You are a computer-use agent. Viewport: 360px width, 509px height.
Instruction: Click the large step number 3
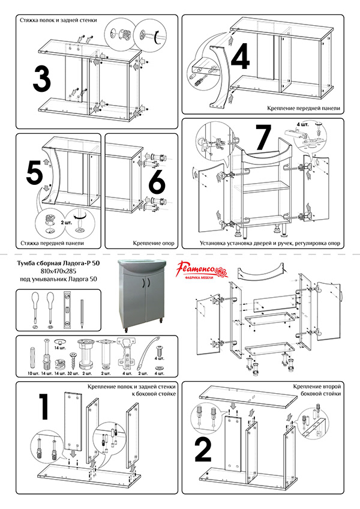pyautogui.click(x=42, y=79)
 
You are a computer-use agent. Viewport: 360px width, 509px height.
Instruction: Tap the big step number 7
pyautogui.click(x=263, y=137)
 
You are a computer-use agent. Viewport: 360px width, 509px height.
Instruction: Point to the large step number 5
pyautogui.click(x=34, y=173)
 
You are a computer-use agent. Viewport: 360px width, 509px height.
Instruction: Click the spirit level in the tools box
pyautogui.click(x=67, y=309)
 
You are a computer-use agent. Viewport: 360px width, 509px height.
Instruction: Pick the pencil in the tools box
pyautogui.click(x=82, y=313)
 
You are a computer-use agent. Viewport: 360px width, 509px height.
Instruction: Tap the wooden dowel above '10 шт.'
pyautogui.click(x=32, y=358)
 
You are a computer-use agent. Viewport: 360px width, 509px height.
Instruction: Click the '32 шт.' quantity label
pyautogui.click(x=73, y=373)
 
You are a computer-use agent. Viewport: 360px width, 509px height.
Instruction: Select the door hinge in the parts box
pyautogui.click(x=125, y=354)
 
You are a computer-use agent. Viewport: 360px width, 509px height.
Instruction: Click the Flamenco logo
pyautogui.click(x=202, y=271)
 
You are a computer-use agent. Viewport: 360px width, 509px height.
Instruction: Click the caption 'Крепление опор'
pyautogui.click(x=154, y=243)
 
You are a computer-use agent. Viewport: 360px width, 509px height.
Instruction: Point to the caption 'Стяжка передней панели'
pyautogui.click(x=52, y=243)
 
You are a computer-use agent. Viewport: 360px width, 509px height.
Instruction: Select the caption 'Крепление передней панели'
pyautogui.click(x=304, y=108)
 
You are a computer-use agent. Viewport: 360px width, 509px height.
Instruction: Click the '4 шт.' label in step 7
pyautogui.click(x=302, y=124)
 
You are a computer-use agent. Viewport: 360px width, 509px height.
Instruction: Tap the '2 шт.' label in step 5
pyautogui.click(x=67, y=223)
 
